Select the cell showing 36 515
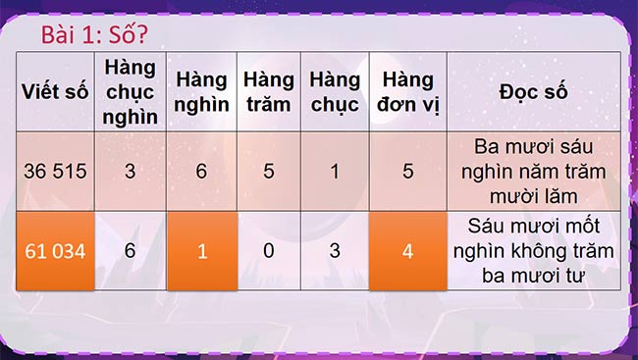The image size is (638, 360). (55, 171)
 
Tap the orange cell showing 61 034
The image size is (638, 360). (55, 251)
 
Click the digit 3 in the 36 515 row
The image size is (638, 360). (130, 171)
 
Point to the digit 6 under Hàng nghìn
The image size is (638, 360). (201, 171)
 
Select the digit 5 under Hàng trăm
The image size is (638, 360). (268, 171)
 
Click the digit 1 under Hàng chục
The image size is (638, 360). (334, 171)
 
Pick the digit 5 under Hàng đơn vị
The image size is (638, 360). (407, 171)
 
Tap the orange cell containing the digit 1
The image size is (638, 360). (202, 251)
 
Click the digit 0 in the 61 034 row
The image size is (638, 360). (268, 251)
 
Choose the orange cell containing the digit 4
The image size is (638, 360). (407, 251)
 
